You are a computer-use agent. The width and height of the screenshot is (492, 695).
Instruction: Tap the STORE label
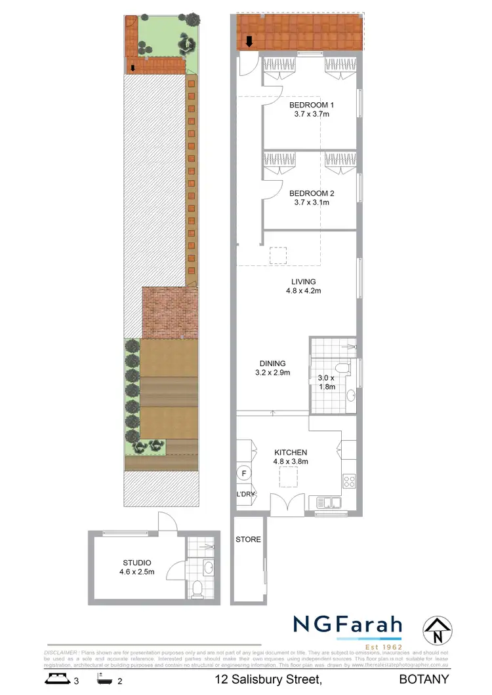[x=248, y=540]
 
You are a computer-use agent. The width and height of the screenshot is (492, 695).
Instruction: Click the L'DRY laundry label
[x=246, y=495]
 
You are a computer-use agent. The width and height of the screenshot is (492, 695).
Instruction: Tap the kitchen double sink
[x=328, y=503]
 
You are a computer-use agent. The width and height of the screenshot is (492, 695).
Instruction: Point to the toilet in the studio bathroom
[x=197, y=588]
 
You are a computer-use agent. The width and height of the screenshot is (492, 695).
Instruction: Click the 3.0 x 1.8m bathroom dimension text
[x=326, y=382]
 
